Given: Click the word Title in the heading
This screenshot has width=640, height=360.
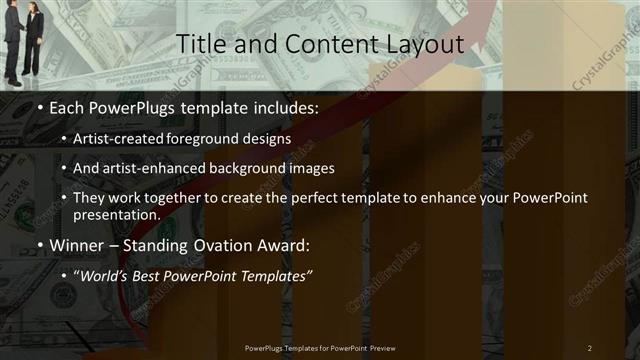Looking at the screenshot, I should click(198, 45).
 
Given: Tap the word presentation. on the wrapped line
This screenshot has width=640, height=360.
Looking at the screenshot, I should click(116, 214).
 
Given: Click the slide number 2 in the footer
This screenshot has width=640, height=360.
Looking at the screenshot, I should click(590, 347).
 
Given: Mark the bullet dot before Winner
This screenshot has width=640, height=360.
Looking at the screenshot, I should click(39, 244).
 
